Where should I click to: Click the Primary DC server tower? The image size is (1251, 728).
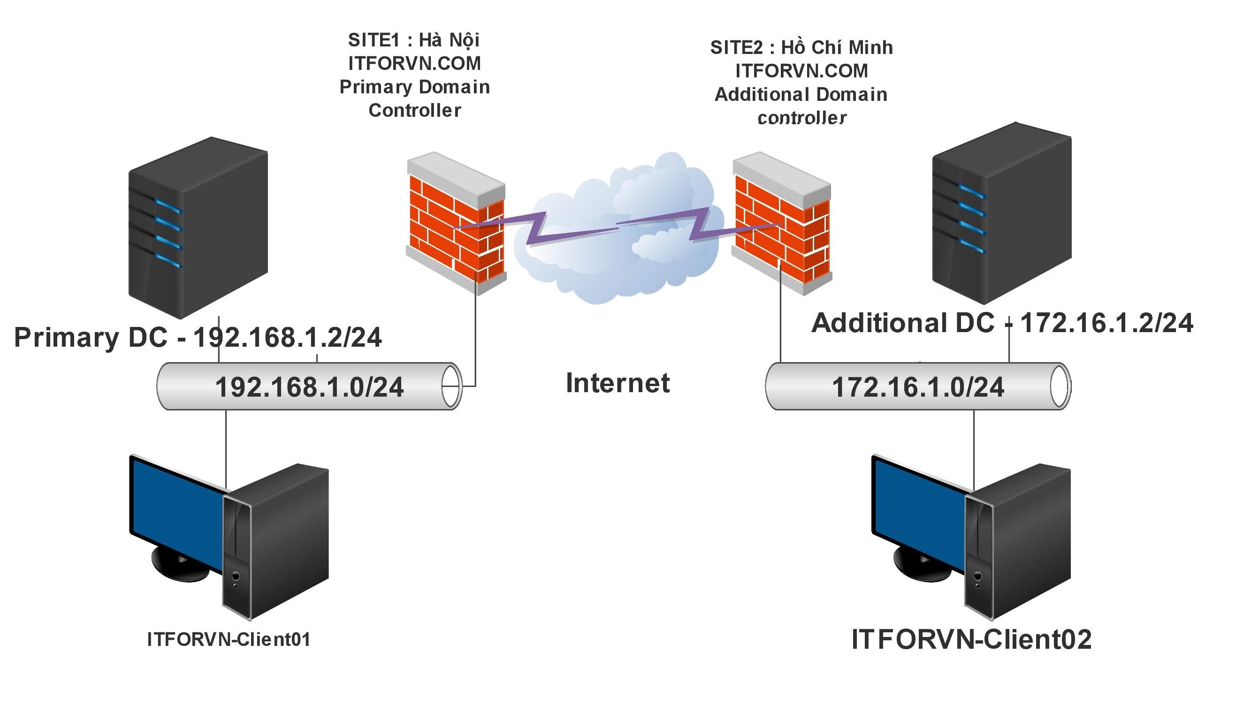pos(198,228)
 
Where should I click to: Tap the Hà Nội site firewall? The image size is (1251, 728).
pos(456,223)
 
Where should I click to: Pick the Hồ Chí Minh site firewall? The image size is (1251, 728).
pos(781,223)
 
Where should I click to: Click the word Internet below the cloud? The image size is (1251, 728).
pos(618,383)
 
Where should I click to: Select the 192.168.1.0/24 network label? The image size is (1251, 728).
pos(309,387)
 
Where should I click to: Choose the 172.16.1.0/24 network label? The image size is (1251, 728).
pos(918,387)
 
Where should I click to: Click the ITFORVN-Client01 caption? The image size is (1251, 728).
pos(229,640)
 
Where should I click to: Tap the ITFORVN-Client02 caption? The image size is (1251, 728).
pos(971,639)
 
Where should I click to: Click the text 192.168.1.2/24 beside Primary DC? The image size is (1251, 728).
pos(287,337)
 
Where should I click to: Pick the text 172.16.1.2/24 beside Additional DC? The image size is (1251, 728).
pos(1106,323)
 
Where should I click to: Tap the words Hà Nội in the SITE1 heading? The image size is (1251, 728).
pos(449,40)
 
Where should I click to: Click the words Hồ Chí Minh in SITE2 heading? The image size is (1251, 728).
pos(837,48)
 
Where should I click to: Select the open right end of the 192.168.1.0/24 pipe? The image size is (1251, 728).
pos(451,386)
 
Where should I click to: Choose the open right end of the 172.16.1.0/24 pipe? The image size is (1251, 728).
pos(1060,386)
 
